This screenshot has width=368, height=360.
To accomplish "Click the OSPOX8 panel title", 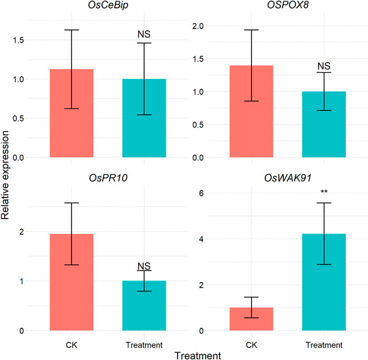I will (x=287, y=7).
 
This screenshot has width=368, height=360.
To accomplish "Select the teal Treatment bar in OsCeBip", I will (x=144, y=118).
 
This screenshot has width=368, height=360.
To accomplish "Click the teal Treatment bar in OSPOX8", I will (x=324, y=124).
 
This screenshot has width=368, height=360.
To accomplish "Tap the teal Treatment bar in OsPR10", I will (x=144, y=305).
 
